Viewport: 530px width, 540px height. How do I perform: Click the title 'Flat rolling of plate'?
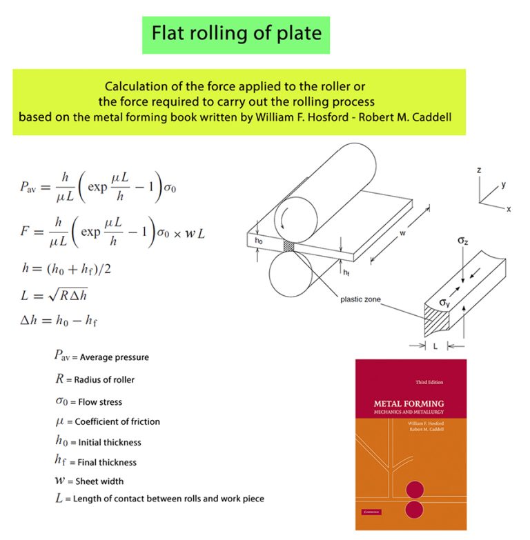click(x=236, y=32)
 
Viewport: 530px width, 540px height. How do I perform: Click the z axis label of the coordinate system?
click(x=478, y=170)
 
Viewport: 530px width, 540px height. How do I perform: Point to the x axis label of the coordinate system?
click(x=509, y=208)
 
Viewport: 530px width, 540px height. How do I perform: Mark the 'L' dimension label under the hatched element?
click(x=435, y=346)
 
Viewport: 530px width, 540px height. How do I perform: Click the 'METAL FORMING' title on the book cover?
click(x=409, y=403)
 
